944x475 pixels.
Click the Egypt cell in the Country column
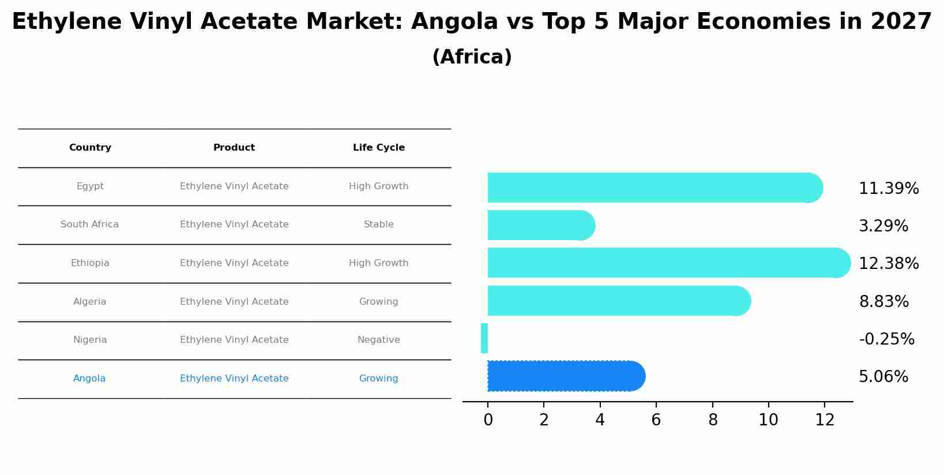[90, 186]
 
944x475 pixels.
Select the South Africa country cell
[89, 225]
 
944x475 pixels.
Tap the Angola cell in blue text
[89, 379]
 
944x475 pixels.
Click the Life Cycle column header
[378, 148]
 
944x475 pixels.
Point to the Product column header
[234, 148]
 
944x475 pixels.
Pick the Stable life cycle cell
[378, 225]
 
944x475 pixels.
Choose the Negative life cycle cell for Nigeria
[378, 340]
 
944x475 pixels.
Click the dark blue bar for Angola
[565, 376]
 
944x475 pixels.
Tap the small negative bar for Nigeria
[484, 338]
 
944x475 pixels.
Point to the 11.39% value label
[888, 189]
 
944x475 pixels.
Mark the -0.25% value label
[886, 339]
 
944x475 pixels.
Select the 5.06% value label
[883, 377]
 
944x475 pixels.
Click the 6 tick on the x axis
[656, 420]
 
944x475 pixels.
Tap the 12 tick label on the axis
[825, 420]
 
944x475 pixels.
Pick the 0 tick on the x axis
[488, 420]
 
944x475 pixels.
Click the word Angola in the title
[454, 22]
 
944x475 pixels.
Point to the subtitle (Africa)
[472, 57]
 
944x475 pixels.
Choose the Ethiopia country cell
[90, 263]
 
